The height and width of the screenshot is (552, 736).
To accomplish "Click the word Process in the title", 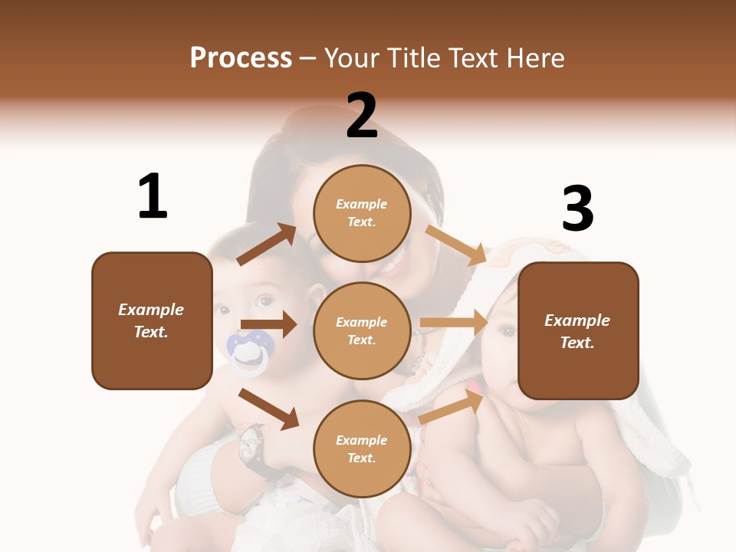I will pos(241,58).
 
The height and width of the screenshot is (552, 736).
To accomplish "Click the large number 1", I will pos(153,196).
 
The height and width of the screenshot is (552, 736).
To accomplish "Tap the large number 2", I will pos(362,116).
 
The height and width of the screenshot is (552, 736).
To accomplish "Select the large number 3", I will pos(577,209).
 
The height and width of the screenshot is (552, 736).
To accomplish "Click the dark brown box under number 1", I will pos(152,320).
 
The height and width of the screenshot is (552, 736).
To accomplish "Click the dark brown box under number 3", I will pos(578,330).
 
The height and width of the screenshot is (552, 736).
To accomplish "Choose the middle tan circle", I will pos(362,330).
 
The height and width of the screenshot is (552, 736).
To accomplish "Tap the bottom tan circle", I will pos(362,449).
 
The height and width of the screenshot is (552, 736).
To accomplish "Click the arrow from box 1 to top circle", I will pos(267,245).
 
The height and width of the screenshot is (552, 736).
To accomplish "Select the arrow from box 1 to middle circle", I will pos(268,324).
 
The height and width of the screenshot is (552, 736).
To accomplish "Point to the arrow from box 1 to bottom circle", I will pos(269,409).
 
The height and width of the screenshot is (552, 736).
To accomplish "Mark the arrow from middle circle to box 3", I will pos(453,322).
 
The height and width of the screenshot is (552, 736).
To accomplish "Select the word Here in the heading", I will pos(534,58).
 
